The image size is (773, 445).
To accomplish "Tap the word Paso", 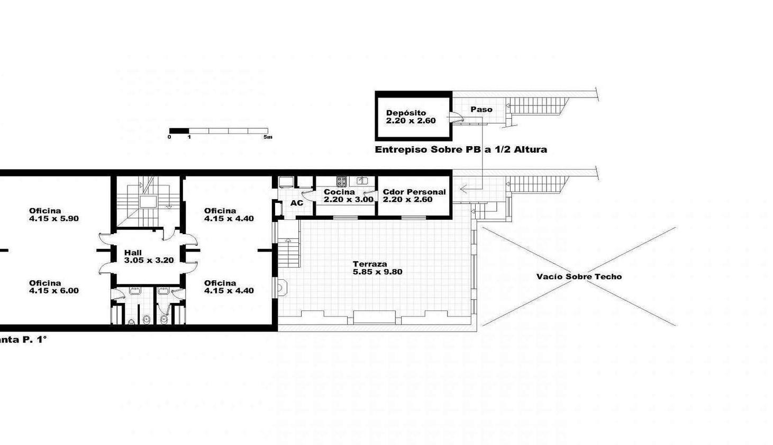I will (x=481, y=110).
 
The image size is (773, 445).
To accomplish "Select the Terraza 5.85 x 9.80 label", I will (x=377, y=268).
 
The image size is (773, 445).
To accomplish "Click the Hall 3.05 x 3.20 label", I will (x=149, y=256).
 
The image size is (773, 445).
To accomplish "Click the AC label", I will (x=297, y=203).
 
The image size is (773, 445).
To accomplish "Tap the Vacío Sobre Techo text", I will (x=579, y=277).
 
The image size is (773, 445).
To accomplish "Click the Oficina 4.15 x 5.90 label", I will (x=53, y=215).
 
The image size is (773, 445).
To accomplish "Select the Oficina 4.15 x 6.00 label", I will (x=53, y=287).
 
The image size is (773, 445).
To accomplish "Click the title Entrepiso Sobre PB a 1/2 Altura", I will (x=460, y=150).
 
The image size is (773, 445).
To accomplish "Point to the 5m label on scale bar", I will (x=268, y=137).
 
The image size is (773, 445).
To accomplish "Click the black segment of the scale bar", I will (x=179, y=131).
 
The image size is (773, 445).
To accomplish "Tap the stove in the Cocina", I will (x=341, y=181).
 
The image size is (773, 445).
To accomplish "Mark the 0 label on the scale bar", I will (x=169, y=137).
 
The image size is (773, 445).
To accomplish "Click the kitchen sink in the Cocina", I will (x=362, y=181).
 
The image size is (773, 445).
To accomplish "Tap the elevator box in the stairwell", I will (x=148, y=201).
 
